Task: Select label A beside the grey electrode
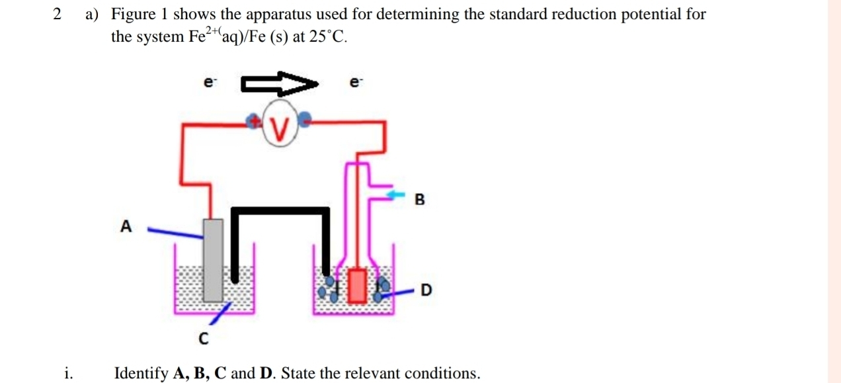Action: tap(126, 226)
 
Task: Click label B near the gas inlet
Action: tap(419, 198)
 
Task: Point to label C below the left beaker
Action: tap(203, 339)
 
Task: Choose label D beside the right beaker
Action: tap(426, 290)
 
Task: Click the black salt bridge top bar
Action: tap(280, 211)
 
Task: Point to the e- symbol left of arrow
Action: tap(209, 83)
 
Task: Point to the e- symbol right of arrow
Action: tap(356, 83)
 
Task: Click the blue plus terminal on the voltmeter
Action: tap(254, 120)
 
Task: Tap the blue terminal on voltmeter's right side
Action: tap(305, 120)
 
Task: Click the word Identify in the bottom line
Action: tap(141, 373)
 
